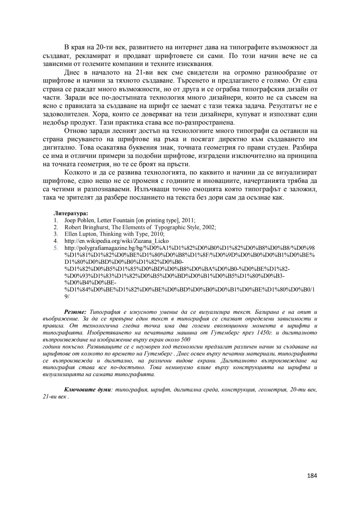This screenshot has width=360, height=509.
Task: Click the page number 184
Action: [x=312, y=475]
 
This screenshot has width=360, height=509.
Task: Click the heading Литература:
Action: [x=71, y=214]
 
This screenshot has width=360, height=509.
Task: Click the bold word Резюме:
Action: [x=75, y=312]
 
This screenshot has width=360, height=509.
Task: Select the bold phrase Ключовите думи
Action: [x=87, y=389]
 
